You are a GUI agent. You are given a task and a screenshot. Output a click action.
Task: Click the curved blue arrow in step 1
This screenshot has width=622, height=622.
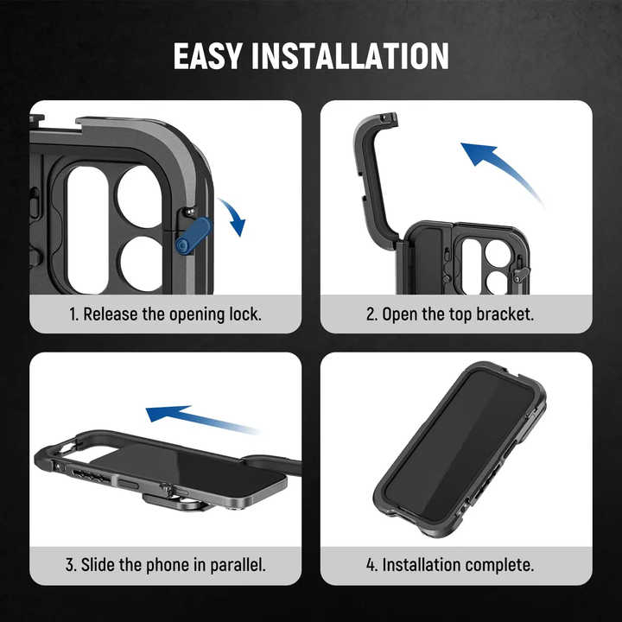tap(232, 216)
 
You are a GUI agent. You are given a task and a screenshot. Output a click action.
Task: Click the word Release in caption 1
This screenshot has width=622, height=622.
tap(110, 314)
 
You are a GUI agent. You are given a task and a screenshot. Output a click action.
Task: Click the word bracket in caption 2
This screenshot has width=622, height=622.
tap(505, 314)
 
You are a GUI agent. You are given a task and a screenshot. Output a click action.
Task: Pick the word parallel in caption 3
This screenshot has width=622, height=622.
tap(236, 566)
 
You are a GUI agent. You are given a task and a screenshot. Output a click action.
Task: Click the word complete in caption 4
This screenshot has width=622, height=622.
tap(500, 566)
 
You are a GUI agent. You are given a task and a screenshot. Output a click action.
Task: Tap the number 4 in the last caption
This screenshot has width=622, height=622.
tap(371, 566)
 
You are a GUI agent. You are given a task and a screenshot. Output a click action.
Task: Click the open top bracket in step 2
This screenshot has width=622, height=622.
tap(374, 173)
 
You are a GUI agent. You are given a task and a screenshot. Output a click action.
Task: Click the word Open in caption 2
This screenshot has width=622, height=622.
tap(399, 314)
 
